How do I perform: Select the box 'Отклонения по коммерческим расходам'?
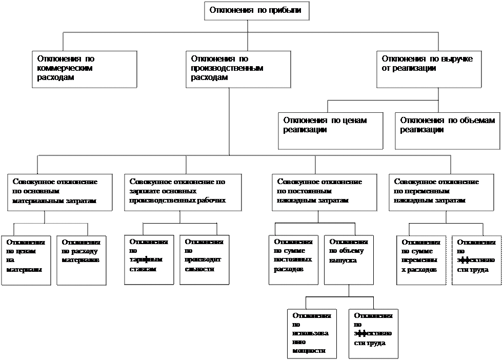pos(85,69)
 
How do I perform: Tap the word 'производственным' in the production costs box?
pos(226,68)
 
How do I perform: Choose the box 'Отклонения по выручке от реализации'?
pos(429,69)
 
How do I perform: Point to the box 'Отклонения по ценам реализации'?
pos(331,130)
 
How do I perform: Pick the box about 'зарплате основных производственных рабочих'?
pos(183,192)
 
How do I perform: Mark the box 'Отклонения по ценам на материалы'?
pos(26,260)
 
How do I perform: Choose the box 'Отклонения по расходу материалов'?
pos(81,260)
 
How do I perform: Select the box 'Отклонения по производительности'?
pos(204,259)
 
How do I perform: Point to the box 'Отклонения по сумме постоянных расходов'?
pos(294,259)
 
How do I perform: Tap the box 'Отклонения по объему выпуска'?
pos(348,259)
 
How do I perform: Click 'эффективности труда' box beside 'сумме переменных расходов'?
pos(476,259)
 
